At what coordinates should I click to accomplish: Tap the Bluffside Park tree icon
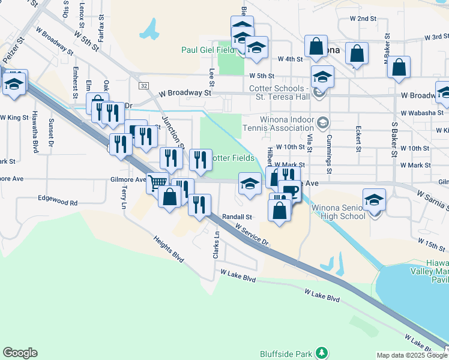[322, 352]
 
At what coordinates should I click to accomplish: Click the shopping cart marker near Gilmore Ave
[157, 182]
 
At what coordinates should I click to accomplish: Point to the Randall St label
[235, 217]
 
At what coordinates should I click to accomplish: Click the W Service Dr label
[252, 234]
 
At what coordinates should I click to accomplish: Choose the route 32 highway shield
[143, 86]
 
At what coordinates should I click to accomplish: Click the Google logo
[20, 353]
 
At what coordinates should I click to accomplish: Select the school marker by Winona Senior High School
[374, 199]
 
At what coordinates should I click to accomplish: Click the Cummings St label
[330, 151]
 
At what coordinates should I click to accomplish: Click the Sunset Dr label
[51, 133]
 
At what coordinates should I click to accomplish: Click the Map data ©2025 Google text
[412, 355]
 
